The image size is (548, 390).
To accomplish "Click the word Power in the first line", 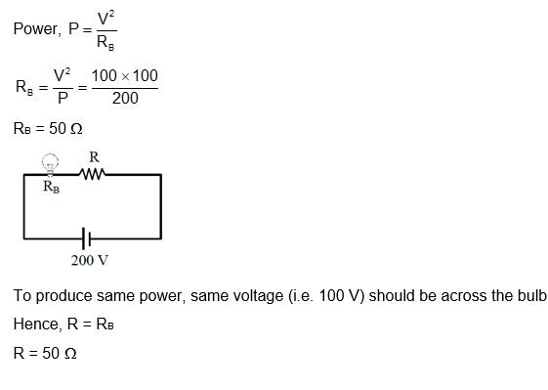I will [35, 28].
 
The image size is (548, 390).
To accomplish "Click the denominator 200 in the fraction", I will [124, 99].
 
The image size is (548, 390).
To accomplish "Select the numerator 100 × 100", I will [124, 76].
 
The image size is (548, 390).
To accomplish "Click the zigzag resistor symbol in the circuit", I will [94, 174].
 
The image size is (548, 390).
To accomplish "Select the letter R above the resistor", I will [94, 156].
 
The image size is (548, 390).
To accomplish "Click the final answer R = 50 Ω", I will [44, 353].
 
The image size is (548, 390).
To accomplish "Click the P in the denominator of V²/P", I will [62, 99].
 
